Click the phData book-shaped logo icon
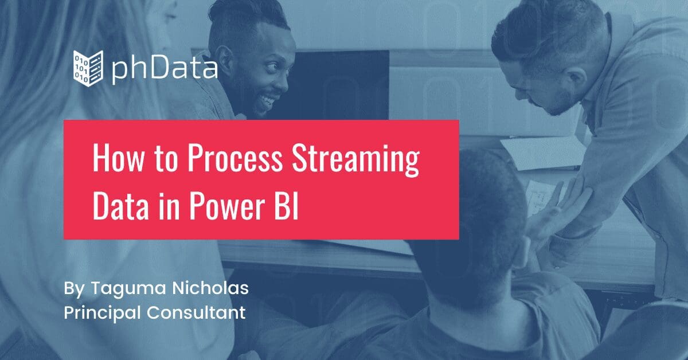[x=88, y=68]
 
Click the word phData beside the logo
[x=165, y=69]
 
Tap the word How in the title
[x=118, y=159]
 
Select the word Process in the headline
[x=234, y=159]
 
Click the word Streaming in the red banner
[x=355, y=161]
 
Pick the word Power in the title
[x=227, y=207]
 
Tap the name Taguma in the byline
[x=128, y=289]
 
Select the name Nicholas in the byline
[x=210, y=288]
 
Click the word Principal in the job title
[x=102, y=313]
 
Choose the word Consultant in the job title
[x=196, y=312]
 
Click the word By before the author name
[x=74, y=289]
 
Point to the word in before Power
[x=169, y=207]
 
